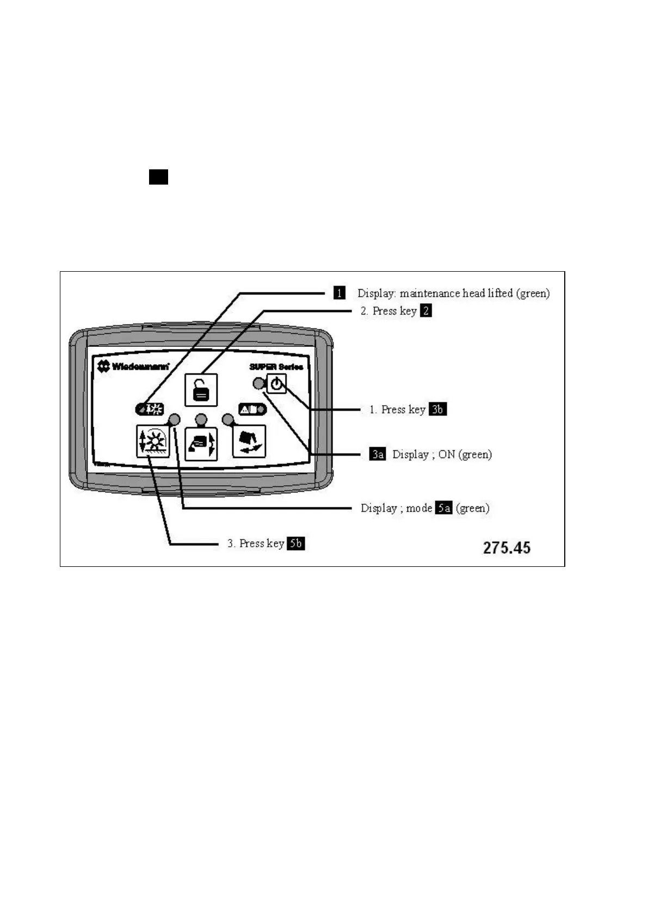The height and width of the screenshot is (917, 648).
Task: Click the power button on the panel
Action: click(x=276, y=384)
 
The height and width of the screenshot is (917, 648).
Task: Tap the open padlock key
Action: click(x=201, y=389)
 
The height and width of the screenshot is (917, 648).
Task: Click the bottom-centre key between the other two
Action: click(x=201, y=444)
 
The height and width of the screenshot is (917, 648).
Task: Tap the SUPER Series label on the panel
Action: click(x=276, y=366)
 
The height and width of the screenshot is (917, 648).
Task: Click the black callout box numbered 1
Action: click(x=339, y=293)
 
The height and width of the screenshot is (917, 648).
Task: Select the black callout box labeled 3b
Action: click(x=437, y=409)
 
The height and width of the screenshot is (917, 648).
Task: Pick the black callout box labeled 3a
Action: click(x=378, y=454)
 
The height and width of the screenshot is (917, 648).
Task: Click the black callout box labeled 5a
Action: click(x=443, y=508)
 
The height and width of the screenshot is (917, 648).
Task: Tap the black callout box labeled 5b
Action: click(x=295, y=543)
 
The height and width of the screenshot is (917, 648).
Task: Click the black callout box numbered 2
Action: click(x=425, y=311)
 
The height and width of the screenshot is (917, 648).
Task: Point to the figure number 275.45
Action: click(x=506, y=547)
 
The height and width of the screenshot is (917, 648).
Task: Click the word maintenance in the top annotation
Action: click(x=430, y=294)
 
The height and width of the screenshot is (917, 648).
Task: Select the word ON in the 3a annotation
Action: click(x=446, y=454)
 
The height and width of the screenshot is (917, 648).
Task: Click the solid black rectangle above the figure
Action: click(x=158, y=177)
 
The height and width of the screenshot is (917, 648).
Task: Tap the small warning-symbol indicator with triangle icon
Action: click(x=252, y=409)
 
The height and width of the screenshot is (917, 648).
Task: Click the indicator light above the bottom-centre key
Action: click(x=201, y=419)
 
